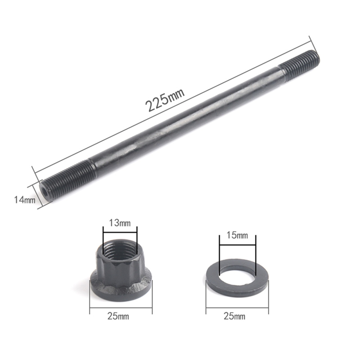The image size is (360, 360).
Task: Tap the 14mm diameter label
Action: click(25, 200)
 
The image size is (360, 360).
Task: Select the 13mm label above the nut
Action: click(120, 223)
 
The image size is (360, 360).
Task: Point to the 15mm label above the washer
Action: click(237, 235)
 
